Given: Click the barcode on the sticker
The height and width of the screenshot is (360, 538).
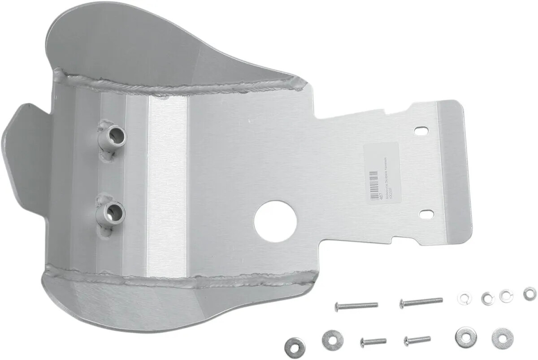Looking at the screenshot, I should (x=371, y=180).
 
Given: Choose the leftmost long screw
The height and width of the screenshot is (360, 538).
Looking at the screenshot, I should (x=356, y=306).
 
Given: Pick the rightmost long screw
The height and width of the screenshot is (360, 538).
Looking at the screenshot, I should (x=421, y=302).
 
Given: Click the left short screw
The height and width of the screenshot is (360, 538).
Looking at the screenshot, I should (x=373, y=342).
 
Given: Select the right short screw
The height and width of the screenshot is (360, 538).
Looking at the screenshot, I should (x=417, y=340).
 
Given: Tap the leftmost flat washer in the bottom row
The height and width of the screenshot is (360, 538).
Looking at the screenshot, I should (x=295, y=345).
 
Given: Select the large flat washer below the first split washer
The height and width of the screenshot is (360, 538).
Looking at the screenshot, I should (x=465, y=337).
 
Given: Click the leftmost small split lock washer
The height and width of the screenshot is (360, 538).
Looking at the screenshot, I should (x=463, y=298).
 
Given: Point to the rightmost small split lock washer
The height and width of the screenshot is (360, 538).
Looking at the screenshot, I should (x=529, y=294).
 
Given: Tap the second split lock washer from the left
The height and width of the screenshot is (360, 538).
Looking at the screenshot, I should (x=487, y=298).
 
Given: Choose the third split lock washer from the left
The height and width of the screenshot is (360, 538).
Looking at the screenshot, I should (x=506, y=296).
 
